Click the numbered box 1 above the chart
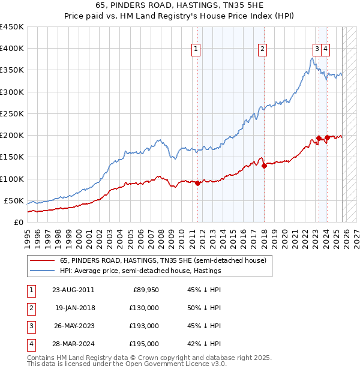coord(196,50)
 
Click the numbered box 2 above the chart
coord(263,50)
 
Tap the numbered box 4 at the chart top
coord(325,50)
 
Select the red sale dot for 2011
coord(197,183)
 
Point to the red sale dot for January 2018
coord(264,166)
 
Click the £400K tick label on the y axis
coord(12,49)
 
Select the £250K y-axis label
coord(12,113)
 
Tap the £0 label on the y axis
coord(19,222)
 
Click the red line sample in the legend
coord(41,260)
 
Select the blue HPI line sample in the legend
coord(41,271)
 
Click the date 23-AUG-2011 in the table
coord(74,290)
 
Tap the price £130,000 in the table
coord(145,308)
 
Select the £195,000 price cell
coord(145,344)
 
